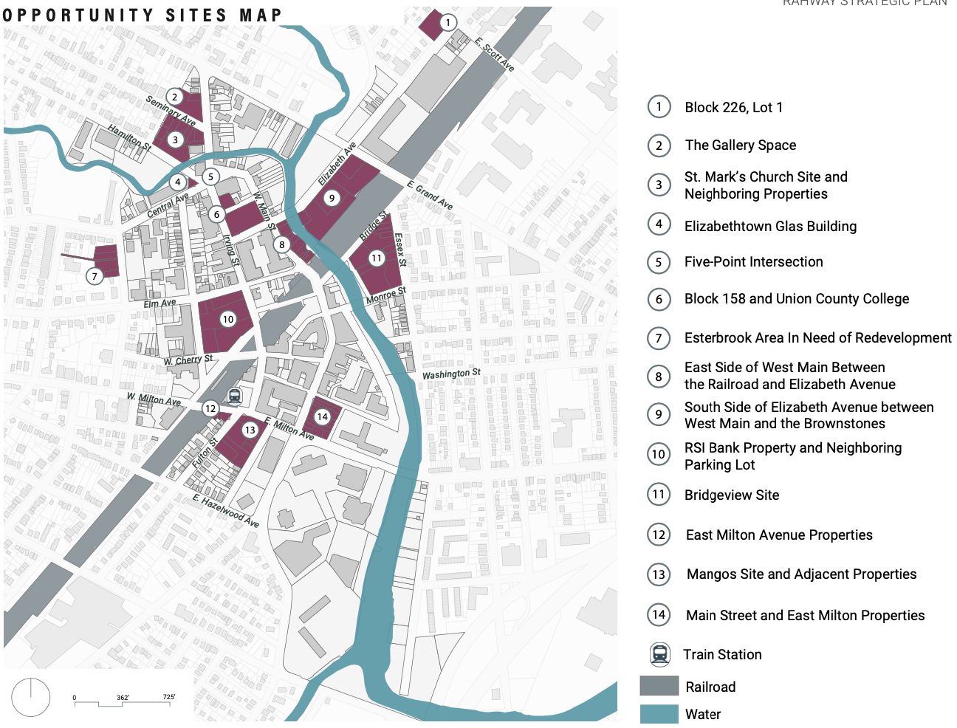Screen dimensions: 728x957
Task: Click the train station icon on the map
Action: pyautogui.click(x=234, y=396)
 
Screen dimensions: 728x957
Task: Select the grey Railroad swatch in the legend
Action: pyautogui.click(x=659, y=686)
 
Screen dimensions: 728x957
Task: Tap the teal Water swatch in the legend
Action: pyautogui.click(x=659, y=714)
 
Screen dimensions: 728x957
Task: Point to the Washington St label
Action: pyautogui.click(x=451, y=374)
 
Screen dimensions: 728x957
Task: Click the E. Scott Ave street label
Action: pyautogui.click(x=495, y=54)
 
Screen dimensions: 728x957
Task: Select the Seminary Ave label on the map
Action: pyautogui.click(x=171, y=111)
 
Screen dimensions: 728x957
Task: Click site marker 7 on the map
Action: pyautogui.click(x=95, y=276)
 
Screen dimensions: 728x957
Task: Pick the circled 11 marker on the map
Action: pyautogui.click(x=377, y=258)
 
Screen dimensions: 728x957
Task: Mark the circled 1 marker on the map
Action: pyautogui.click(x=447, y=22)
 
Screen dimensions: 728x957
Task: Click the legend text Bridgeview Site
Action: pyautogui.click(x=731, y=495)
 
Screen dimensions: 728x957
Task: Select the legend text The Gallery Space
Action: pyautogui.click(x=740, y=145)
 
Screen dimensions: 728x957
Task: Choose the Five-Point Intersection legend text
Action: pyautogui.click(x=753, y=261)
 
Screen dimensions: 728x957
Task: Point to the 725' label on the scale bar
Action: pyautogui.click(x=169, y=697)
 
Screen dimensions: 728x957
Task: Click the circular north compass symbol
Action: pyautogui.click(x=31, y=697)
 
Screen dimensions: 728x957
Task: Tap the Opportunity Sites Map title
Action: pyautogui.click(x=143, y=16)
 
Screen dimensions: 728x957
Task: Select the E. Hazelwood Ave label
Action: pyautogui.click(x=226, y=511)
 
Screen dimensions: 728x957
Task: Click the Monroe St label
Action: pyautogui.click(x=386, y=295)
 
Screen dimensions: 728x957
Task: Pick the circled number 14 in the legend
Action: pyautogui.click(x=659, y=614)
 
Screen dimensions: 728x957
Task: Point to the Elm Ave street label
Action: pyautogui.click(x=159, y=303)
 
